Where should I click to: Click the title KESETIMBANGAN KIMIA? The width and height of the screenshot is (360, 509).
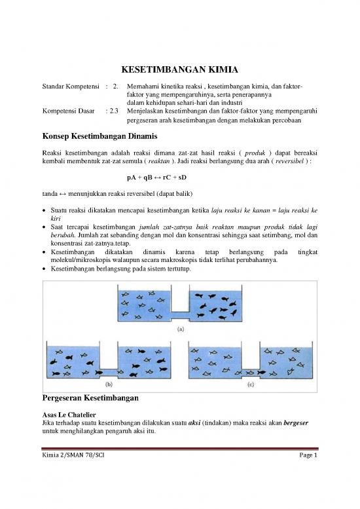point(180,70)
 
